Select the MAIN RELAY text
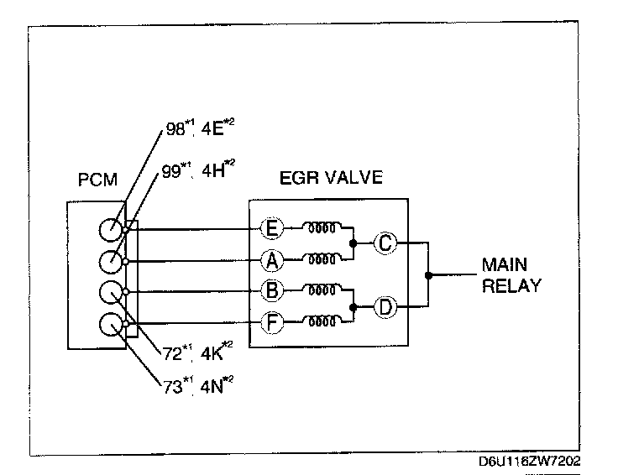(x=511, y=275)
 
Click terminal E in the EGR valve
(x=271, y=227)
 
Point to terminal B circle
(x=271, y=291)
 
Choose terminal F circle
(x=271, y=321)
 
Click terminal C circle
(x=385, y=243)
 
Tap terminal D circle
(x=385, y=306)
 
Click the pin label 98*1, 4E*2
(x=200, y=131)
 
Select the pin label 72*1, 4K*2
(x=199, y=353)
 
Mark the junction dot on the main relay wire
(x=429, y=274)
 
